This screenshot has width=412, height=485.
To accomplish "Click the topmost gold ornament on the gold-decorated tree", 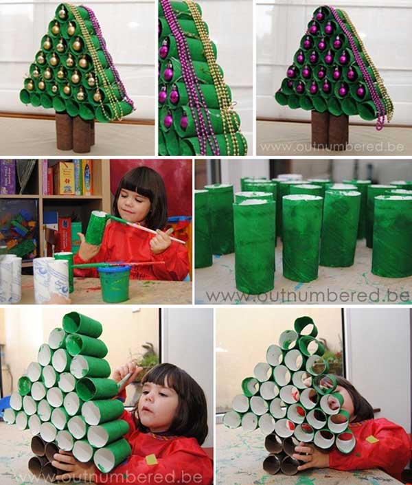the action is pos(62,13).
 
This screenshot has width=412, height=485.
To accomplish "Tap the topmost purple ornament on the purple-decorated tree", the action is pos(320,15).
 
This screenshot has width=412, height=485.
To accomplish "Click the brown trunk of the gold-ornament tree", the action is pos(75,132).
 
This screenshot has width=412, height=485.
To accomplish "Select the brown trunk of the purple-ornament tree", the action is pos(330,129).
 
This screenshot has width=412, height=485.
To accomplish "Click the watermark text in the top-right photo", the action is pos(332,146).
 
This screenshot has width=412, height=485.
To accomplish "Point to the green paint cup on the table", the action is pos(114,283).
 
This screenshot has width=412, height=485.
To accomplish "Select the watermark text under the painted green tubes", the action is pos(308,296).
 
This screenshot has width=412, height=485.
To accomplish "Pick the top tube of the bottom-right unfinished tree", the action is pos(306,327).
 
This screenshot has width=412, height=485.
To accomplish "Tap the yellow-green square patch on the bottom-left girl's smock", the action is pos(152,460).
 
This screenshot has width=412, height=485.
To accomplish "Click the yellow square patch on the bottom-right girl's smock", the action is pos(372,439).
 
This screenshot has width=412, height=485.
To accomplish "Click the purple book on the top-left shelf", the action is pos(8,177).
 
